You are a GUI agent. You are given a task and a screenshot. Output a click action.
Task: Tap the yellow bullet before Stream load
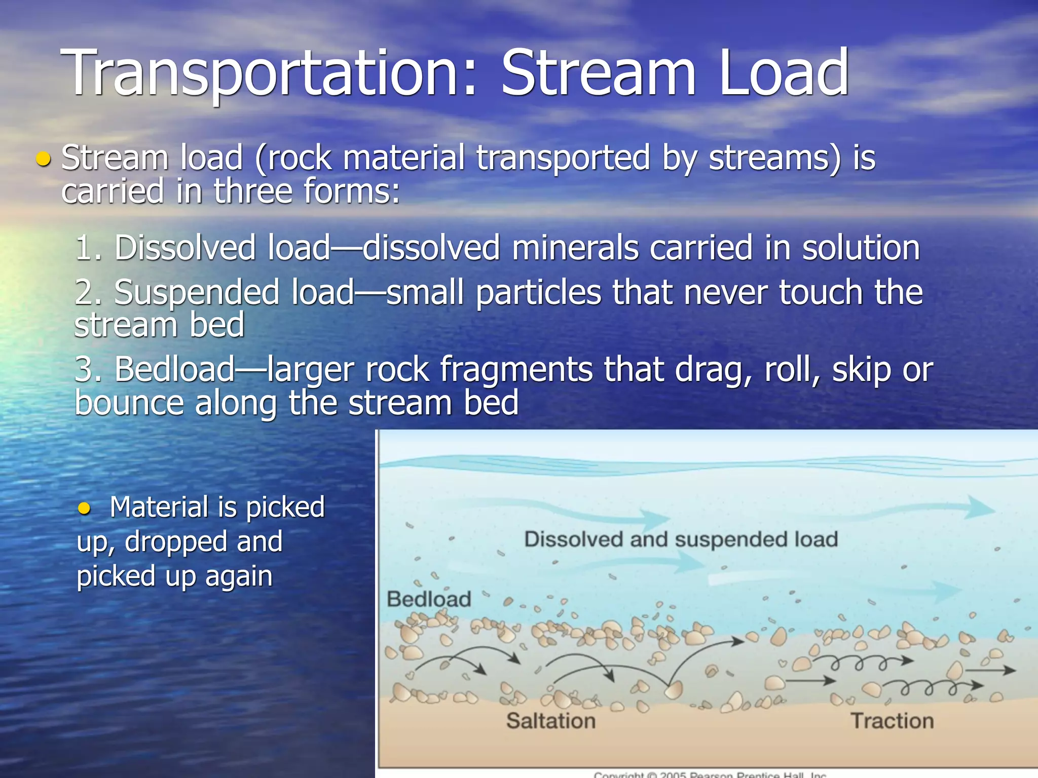pyautogui.click(x=44, y=160)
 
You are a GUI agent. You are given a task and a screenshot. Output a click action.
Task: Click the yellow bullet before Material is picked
pyautogui.click(x=84, y=508)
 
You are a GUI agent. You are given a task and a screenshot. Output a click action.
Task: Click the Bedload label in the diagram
pyautogui.click(x=429, y=599)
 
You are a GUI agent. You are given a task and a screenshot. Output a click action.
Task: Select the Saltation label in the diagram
pyautogui.click(x=551, y=721)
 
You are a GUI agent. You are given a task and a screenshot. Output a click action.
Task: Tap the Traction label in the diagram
pyautogui.click(x=892, y=721)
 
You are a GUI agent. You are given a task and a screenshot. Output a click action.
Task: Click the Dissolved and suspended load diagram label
pyautogui.click(x=681, y=539)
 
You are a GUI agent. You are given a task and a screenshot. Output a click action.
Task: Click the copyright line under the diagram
pyautogui.click(x=710, y=774)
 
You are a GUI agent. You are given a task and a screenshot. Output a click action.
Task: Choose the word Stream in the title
pyautogui.click(x=598, y=73)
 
